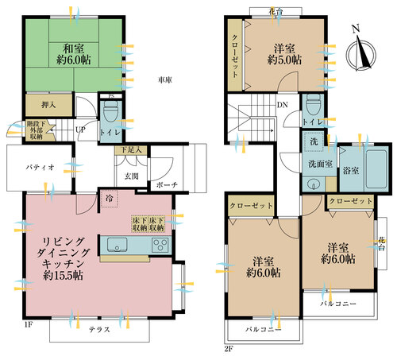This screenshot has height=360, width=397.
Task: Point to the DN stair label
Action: point(282,105)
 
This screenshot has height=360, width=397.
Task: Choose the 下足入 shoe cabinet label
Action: point(131,150)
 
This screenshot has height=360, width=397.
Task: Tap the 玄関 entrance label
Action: point(132,176)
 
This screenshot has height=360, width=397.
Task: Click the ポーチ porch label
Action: point(168,184)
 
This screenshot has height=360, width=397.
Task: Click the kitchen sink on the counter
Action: point(117,244)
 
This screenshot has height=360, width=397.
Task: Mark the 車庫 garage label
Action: point(165,80)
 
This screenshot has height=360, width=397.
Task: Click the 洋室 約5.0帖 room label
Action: point(285,52)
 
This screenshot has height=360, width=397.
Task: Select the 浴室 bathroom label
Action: point(349,171)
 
